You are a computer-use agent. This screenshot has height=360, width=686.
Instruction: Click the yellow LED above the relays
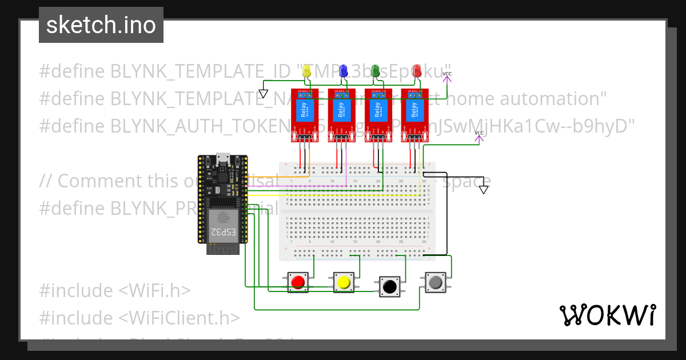(307, 71)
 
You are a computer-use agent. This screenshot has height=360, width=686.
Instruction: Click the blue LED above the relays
(344, 71)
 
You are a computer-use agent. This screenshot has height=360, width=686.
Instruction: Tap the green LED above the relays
(376, 71)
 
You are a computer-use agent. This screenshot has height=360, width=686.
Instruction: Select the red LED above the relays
(417, 71)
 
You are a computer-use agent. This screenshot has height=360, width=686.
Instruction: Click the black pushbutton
(390, 286)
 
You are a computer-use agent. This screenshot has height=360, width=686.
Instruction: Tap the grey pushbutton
(436, 282)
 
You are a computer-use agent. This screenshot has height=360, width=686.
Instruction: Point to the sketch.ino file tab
(101, 25)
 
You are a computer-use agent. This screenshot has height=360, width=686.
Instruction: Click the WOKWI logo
(607, 315)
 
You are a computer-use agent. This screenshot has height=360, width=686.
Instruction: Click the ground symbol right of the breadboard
(484, 189)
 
